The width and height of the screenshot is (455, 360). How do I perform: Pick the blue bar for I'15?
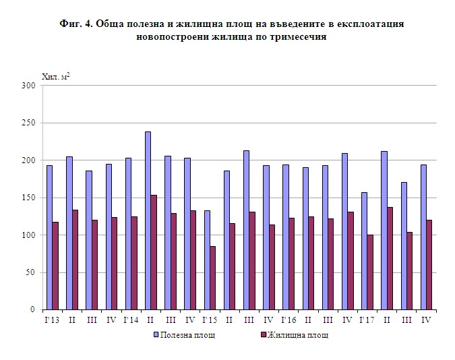[x=207, y=260]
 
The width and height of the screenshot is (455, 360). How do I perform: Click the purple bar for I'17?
[x=370, y=272]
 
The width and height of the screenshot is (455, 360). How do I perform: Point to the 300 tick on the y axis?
[x=28, y=86]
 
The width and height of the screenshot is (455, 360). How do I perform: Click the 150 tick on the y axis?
[x=28, y=198]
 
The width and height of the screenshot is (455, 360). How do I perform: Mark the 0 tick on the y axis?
[x=32, y=310]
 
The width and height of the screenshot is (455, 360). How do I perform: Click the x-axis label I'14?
[x=131, y=319]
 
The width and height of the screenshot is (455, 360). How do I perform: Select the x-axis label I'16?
[x=289, y=319]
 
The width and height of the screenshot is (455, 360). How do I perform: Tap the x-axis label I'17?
[x=367, y=319]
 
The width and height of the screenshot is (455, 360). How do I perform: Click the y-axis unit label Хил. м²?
[x=55, y=76]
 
